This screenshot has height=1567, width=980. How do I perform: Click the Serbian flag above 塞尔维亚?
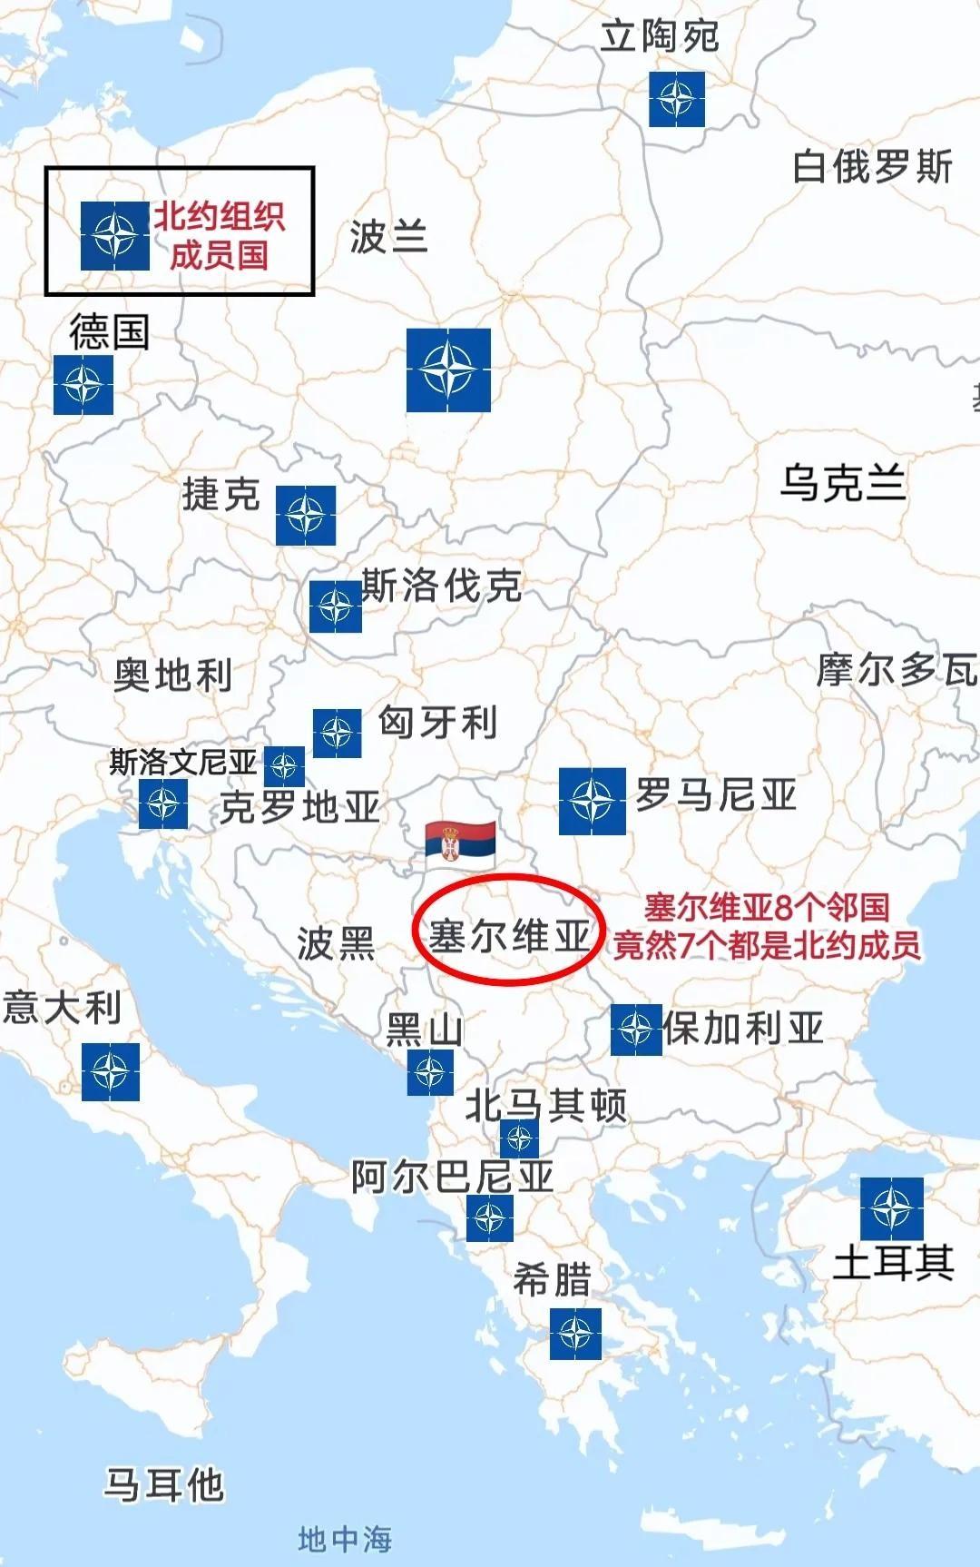coord(460,842)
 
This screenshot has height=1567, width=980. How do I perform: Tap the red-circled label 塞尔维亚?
coord(508,935)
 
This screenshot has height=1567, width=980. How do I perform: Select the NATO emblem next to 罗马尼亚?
coord(592,801)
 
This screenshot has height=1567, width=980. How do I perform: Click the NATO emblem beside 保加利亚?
coord(635,1030)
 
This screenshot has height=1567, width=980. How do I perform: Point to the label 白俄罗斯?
coord(872,166)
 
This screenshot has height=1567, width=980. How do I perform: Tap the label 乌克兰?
coord(843,482)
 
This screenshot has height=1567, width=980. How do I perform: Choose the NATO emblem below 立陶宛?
coord(676,99)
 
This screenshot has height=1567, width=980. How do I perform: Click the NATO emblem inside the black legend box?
coord(114,235)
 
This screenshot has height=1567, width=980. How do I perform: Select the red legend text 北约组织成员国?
coord(220,235)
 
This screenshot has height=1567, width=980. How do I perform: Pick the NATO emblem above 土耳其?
coord(891,1208)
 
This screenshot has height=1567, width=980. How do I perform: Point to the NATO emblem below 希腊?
coord(575,1334)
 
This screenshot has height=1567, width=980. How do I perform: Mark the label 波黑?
coord(336,944)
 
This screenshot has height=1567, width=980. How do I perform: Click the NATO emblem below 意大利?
coord(111,1071)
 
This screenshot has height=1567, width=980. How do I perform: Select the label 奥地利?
coord(172,675)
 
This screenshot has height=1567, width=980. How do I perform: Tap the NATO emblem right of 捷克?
coord(306,516)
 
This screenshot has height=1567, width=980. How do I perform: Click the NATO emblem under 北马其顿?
coord(519,1138)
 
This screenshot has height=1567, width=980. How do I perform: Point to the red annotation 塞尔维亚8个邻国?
coord(767,907)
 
